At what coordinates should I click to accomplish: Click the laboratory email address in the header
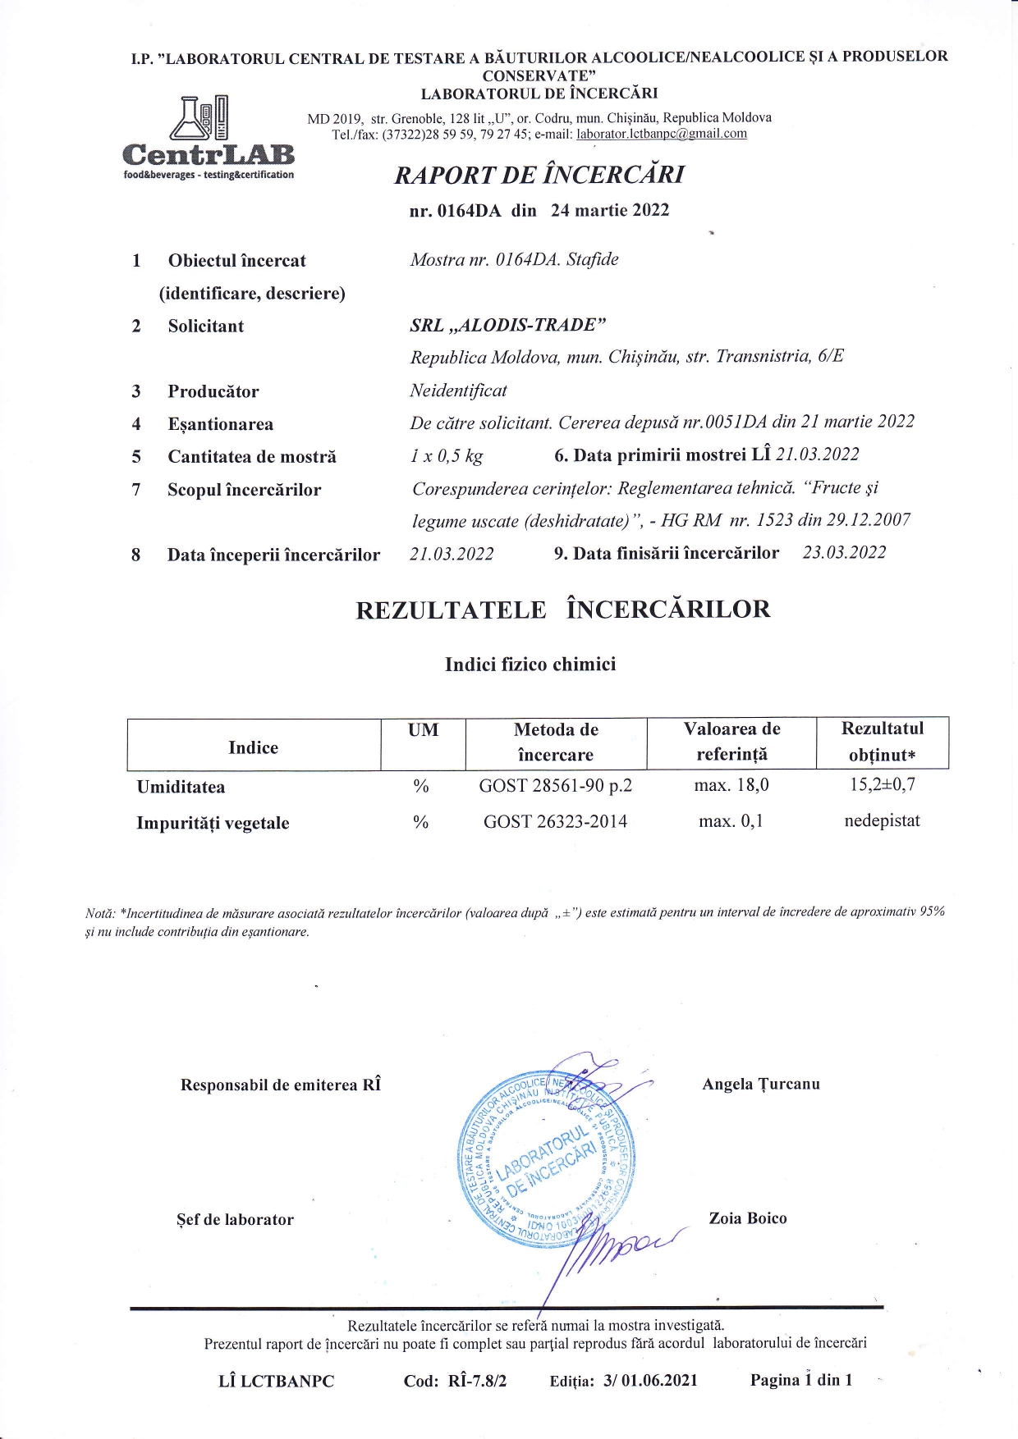662,134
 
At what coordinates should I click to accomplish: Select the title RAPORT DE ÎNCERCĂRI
539,175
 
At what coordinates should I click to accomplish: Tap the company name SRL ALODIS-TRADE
507,325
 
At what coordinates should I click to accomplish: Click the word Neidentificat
458,391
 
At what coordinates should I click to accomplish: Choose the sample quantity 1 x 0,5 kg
447,456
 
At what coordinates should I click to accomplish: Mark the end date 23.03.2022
844,553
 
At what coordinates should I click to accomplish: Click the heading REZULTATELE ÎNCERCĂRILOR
562,610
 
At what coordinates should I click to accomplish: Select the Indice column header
253,747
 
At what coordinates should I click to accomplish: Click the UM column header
423,730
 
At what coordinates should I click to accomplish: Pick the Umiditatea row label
181,787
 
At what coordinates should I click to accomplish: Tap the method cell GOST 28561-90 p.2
555,786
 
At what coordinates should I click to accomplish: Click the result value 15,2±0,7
882,784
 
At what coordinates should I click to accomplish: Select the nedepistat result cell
882,820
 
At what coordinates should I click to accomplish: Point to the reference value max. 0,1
731,821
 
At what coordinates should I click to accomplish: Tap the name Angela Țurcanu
760,1084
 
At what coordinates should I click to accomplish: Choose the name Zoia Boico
747,1218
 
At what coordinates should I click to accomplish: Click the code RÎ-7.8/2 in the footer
477,1381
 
